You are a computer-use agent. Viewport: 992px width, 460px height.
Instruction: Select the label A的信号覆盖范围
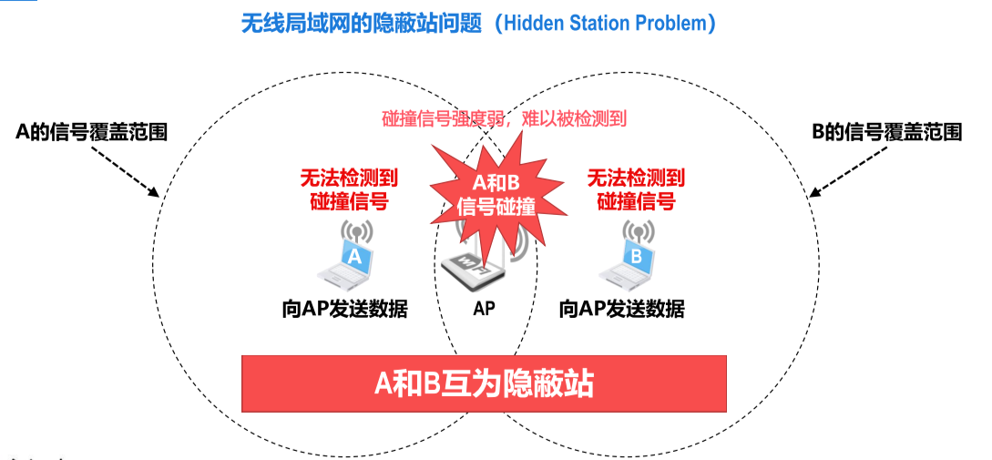[x=92, y=132]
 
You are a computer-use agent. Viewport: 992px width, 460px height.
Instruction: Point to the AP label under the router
[x=484, y=308]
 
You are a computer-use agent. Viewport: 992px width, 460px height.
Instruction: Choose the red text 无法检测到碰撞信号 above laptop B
[x=636, y=189]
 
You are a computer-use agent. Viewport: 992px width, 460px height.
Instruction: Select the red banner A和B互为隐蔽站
[x=484, y=383]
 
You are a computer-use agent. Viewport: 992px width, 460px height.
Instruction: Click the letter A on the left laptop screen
[x=355, y=257]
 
